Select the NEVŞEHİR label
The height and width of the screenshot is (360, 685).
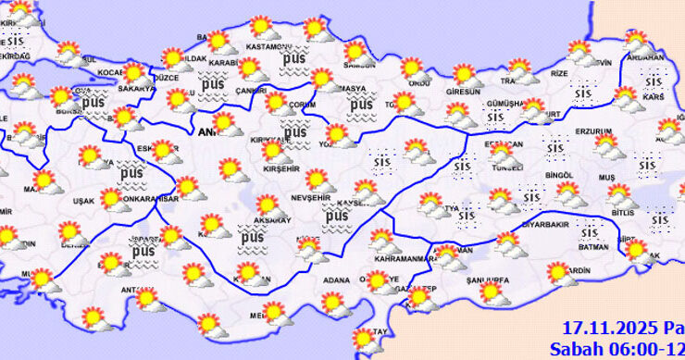(x=313, y=198)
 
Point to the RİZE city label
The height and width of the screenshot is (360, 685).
(x=561, y=72)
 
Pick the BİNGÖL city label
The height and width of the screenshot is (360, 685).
(x=561, y=174)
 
